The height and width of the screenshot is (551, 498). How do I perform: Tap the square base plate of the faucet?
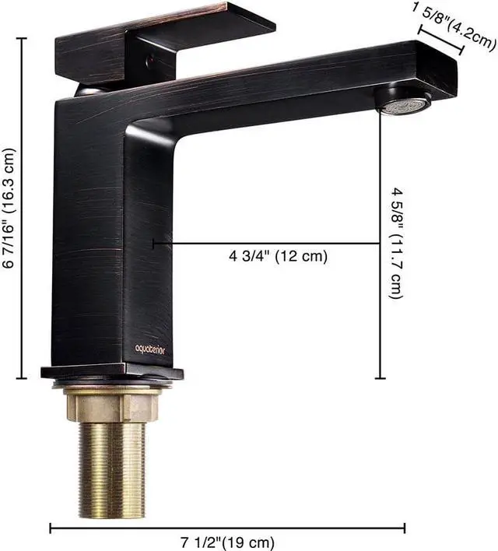tap(113, 372)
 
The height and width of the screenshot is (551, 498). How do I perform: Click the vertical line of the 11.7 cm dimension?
tap(381, 249)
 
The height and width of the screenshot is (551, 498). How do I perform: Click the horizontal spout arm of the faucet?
tap(296, 86)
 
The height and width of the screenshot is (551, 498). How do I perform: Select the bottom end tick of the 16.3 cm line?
tap(22, 378)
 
